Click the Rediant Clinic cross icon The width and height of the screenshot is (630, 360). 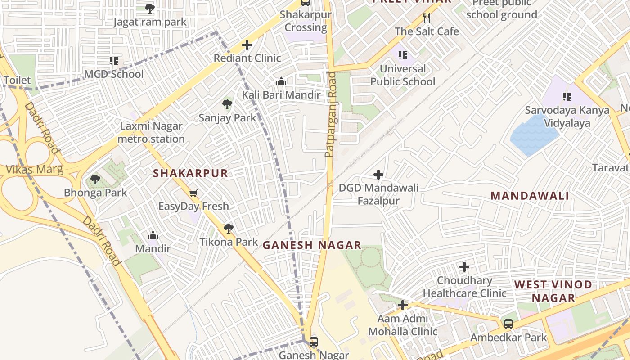click(x=247, y=45)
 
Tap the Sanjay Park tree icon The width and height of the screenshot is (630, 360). click(x=227, y=105)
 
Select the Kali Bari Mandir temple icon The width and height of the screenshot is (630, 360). click(x=281, y=81)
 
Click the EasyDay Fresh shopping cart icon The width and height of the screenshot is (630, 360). click(x=193, y=193)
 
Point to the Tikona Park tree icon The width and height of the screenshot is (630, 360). click(x=229, y=229)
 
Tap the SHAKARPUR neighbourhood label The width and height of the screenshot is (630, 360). click(x=190, y=173)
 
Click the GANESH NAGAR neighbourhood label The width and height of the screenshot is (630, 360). click(x=312, y=245)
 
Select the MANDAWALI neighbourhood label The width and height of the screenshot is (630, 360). click(x=530, y=196)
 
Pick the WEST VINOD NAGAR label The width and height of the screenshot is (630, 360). click(x=553, y=291)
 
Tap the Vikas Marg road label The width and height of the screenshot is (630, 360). click(x=35, y=170)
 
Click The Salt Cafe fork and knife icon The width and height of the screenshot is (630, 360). click(x=427, y=18)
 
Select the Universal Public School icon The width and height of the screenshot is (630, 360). click(x=403, y=55)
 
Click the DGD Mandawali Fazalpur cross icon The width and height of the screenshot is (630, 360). click(x=378, y=175)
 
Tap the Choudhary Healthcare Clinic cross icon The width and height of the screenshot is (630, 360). click(x=464, y=267)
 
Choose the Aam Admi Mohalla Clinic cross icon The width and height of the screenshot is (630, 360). click(x=403, y=305)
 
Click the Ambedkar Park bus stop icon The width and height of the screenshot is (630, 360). click(x=508, y=324)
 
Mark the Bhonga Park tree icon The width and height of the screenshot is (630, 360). click(x=95, y=180)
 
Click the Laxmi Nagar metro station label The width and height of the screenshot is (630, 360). click(x=151, y=133)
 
